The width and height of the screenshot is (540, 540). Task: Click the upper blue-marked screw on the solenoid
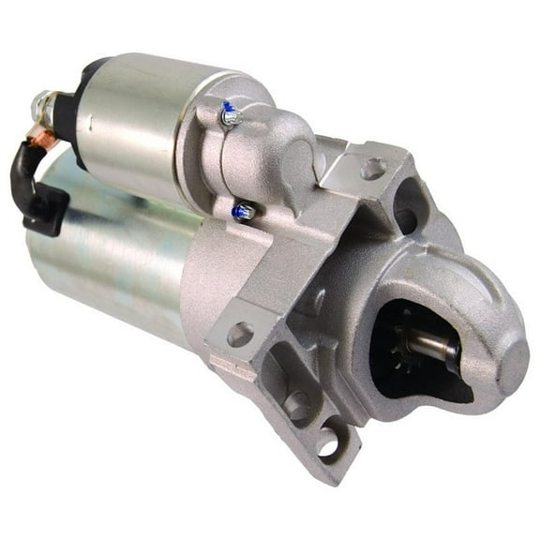228,115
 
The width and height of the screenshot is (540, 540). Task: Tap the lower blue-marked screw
243,212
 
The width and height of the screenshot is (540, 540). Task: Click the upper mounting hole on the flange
372,170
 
